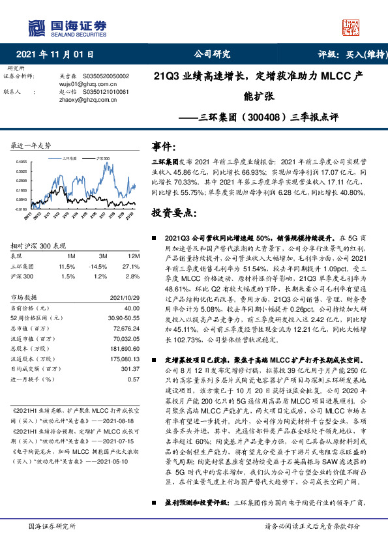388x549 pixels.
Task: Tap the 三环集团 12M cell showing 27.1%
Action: point(130,266)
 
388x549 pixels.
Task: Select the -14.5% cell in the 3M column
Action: point(98,266)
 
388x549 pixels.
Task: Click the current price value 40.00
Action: point(132,307)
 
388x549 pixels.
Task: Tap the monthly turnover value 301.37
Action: point(130,369)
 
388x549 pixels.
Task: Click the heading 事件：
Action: point(164,146)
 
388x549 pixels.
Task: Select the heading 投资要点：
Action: point(173,213)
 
